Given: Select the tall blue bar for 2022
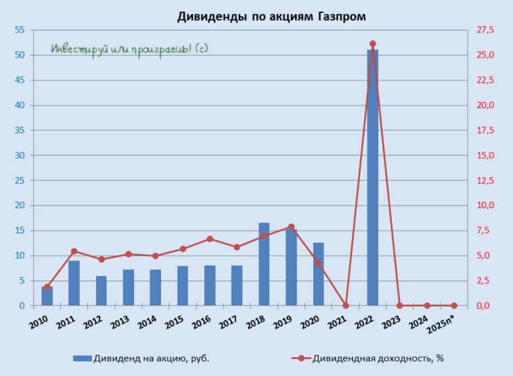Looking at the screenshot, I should (x=372, y=177).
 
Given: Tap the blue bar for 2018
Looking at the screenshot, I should (x=264, y=264).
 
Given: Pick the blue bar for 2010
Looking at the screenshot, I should (x=47, y=296).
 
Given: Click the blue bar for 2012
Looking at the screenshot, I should (x=101, y=291).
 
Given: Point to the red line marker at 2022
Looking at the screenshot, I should (x=372, y=44).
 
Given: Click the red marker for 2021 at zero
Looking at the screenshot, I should (x=345, y=306).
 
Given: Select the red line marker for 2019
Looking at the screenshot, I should (x=291, y=227).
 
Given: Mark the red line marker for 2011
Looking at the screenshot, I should (x=74, y=252).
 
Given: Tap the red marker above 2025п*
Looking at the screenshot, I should (x=454, y=306).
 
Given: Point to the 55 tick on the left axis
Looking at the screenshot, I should (x=18, y=30).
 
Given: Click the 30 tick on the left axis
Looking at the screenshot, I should (x=18, y=156).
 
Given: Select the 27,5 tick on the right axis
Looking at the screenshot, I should (x=487, y=30).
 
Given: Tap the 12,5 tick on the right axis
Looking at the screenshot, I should (x=487, y=181).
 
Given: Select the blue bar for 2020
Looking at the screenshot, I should (x=318, y=274).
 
